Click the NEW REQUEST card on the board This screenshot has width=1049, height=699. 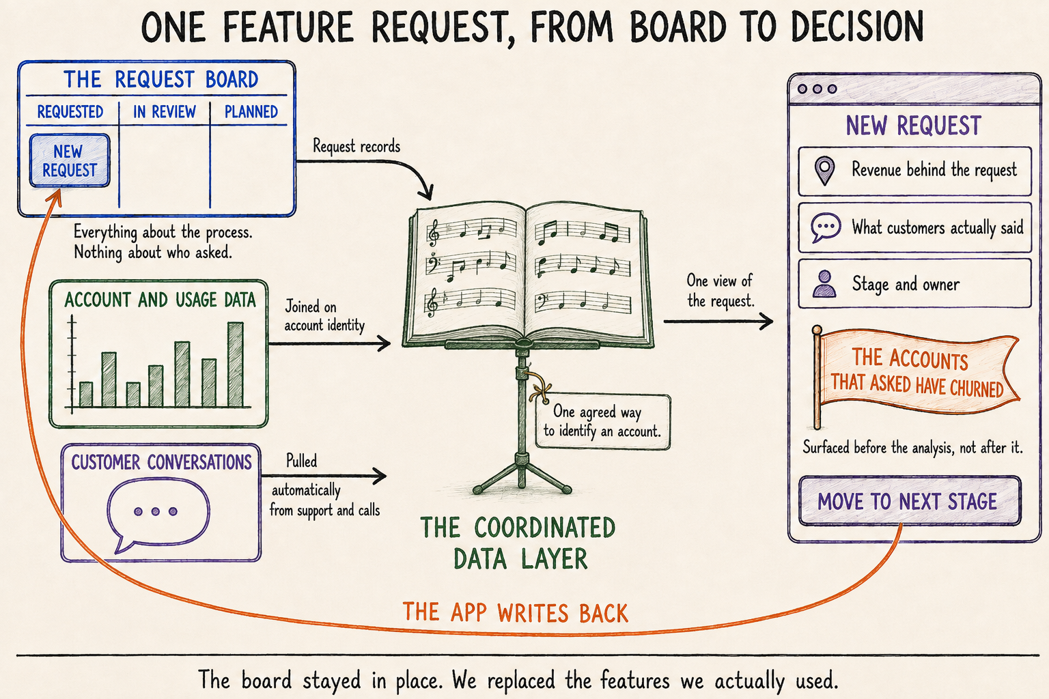coord(70,160)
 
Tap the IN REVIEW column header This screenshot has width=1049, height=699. coord(165,112)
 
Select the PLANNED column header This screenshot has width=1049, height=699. coord(251,112)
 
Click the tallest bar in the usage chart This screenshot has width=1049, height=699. coord(235,365)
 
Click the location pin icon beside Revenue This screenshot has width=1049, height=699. coord(825,171)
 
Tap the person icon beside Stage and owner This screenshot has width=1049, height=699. coord(825,284)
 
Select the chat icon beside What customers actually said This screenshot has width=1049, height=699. coord(826,227)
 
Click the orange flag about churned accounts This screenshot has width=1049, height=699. coord(916,372)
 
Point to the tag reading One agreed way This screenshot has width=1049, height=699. coord(603,422)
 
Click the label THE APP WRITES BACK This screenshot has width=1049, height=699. coord(515,613)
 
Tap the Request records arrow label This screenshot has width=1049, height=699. coord(356,147)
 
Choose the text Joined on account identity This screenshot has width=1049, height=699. coord(324,316)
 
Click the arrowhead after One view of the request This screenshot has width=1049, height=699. coord(766,322)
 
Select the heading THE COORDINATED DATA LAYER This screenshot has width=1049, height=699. coord(518,543)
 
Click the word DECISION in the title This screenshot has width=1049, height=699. coord(857,27)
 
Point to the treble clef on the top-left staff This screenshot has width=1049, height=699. coord(434,232)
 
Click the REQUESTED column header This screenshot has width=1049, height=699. coord(70,112)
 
